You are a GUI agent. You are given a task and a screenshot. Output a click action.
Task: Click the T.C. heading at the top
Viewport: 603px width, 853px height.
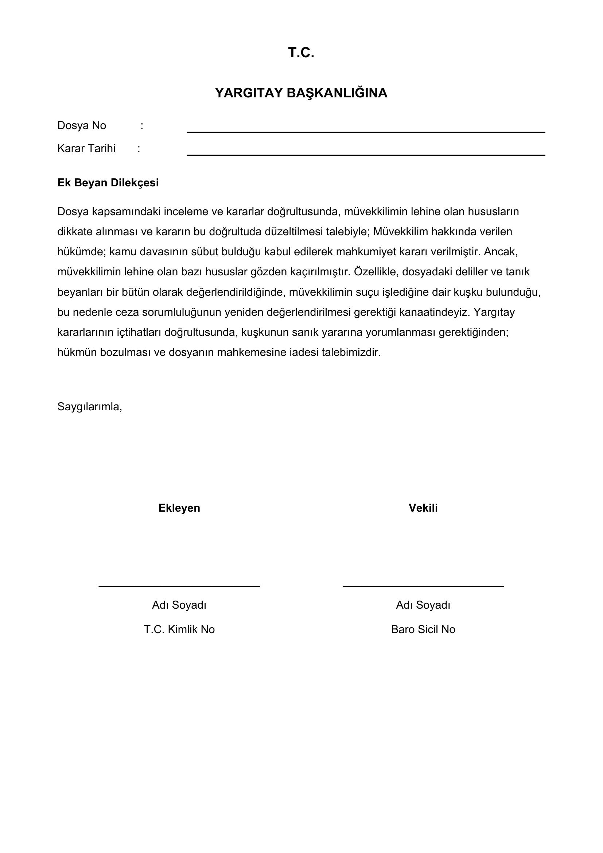click(x=301, y=53)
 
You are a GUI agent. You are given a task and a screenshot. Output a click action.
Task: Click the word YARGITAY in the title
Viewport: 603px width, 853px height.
click(x=249, y=93)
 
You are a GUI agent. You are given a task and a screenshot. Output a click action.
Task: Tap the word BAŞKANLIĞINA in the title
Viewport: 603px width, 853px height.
click(x=337, y=93)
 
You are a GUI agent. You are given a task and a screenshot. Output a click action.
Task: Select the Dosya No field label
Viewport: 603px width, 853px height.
click(x=82, y=125)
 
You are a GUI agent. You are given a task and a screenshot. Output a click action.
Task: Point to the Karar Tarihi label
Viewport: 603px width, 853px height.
click(x=86, y=148)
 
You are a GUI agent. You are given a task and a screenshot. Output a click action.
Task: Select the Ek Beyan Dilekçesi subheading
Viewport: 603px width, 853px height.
click(x=108, y=183)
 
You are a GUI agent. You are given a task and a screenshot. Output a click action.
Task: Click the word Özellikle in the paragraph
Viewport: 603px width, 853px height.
click(x=376, y=272)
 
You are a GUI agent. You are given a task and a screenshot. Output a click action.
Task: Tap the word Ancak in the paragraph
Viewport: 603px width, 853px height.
click(x=500, y=252)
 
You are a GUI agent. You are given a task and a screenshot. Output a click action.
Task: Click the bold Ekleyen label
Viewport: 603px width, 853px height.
click(x=179, y=508)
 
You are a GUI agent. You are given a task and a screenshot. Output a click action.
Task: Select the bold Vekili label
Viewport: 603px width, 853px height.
click(x=423, y=508)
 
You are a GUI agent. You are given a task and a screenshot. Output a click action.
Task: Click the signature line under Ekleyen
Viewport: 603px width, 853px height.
click(x=179, y=586)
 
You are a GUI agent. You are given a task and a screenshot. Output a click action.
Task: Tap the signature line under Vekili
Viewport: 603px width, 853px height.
click(x=423, y=586)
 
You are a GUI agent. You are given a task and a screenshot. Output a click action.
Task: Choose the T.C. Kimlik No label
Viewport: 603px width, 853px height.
click(x=179, y=629)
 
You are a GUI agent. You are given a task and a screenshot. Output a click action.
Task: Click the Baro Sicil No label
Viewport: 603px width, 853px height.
click(x=423, y=629)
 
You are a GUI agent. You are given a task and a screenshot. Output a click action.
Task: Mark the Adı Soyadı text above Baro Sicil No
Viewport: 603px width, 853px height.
click(x=423, y=605)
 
